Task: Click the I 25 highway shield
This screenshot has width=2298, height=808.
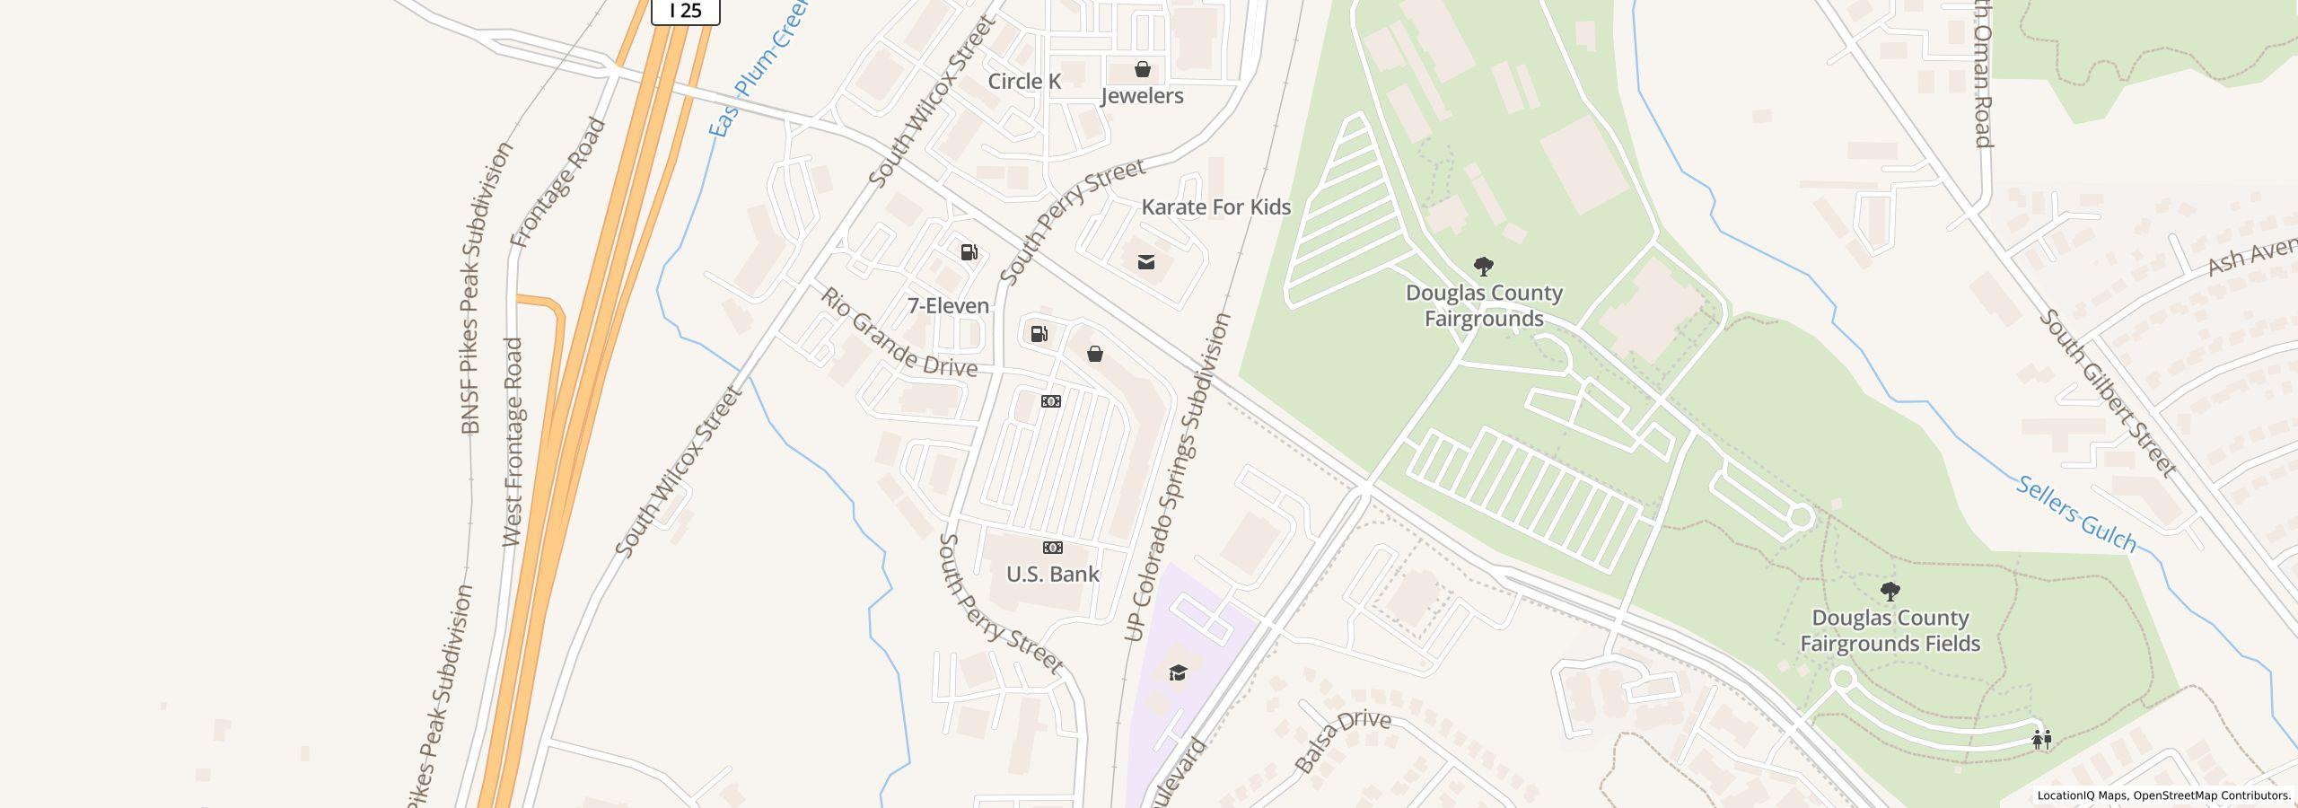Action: point(685,11)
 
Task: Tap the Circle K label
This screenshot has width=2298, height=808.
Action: point(1024,82)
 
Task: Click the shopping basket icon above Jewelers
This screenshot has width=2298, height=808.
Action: point(1143,69)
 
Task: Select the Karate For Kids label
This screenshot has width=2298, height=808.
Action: point(1215,207)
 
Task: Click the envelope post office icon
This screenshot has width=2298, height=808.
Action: point(1146,262)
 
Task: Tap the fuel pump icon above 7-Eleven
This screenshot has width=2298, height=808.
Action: point(969,252)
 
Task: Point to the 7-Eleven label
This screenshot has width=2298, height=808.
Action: point(948,306)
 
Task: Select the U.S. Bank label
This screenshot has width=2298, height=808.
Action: point(1052,575)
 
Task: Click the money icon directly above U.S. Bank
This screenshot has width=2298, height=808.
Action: point(1052,548)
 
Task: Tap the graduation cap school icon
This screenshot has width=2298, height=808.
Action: point(1178,672)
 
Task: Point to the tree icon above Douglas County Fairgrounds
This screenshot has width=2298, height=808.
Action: point(1484,266)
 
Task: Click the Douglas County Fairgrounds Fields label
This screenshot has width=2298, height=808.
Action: point(1890,631)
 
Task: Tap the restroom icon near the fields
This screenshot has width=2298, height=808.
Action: point(2041,739)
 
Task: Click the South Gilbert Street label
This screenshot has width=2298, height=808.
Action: point(2106,393)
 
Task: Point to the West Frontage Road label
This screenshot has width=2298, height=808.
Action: point(513,442)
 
